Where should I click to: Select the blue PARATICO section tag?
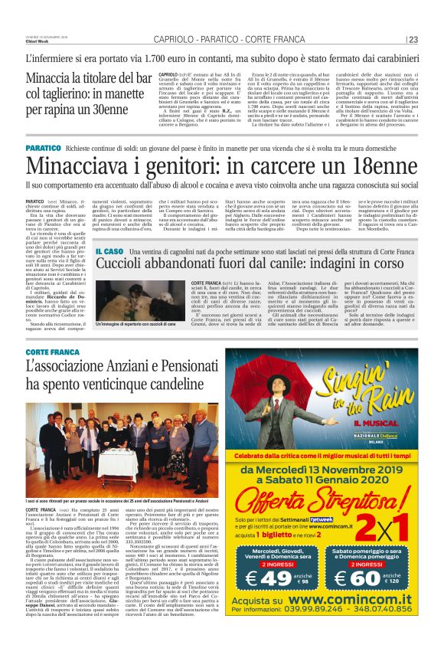(43, 147)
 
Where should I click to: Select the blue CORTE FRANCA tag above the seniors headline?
(53, 374)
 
